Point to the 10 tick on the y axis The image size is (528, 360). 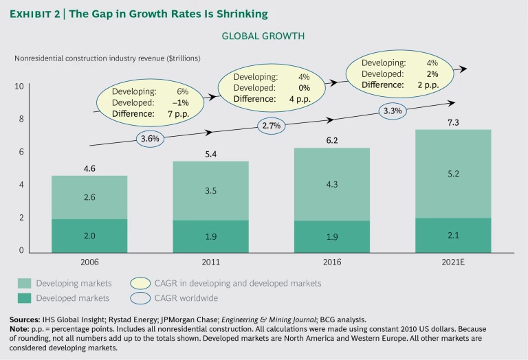pyautogui.click(x=19, y=87)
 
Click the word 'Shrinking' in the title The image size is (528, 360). pyautogui.click(x=244, y=13)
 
